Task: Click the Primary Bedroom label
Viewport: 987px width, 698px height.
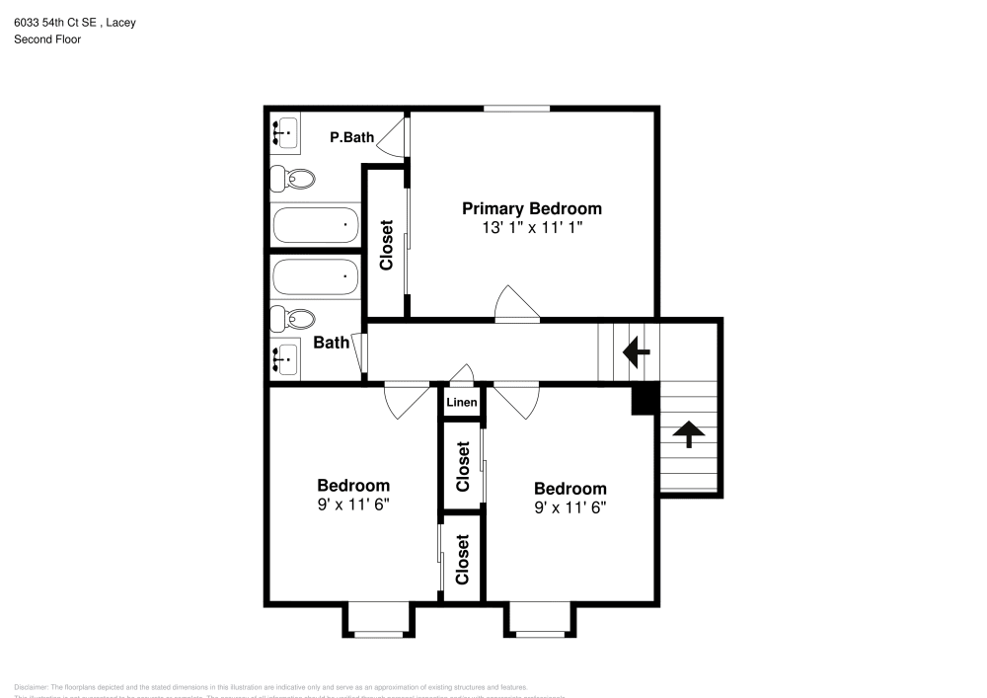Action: (x=532, y=208)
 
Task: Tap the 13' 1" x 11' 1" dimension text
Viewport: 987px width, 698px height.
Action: (x=532, y=227)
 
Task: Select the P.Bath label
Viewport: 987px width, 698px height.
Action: (x=351, y=137)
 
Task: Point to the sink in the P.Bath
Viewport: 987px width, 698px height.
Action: (x=286, y=130)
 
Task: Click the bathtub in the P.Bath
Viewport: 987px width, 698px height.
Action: (x=316, y=225)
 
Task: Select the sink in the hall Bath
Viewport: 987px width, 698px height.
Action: (x=285, y=357)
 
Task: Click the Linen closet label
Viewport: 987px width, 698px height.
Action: (x=462, y=402)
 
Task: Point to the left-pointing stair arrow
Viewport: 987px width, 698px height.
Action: (x=635, y=349)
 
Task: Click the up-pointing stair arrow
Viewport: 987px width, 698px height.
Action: (x=688, y=431)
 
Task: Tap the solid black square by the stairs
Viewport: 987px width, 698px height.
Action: (x=645, y=400)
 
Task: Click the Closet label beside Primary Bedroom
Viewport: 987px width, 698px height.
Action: (x=386, y=244)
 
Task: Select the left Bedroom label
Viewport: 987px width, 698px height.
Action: (x=353, y=485)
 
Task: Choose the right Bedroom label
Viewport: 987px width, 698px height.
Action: (x=570, y=489)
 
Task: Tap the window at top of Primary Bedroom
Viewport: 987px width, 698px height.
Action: (x=516, y=109)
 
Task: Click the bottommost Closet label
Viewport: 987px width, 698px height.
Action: (x=462, y=559)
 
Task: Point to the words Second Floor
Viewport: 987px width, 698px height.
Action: (x=47, y=39)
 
